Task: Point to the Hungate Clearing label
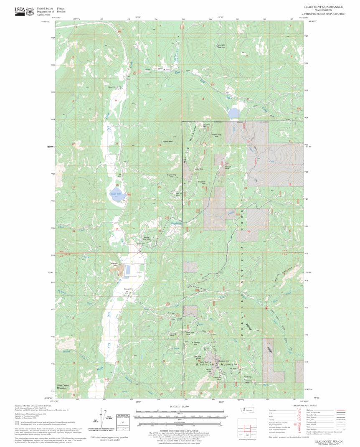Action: tap(220, 46)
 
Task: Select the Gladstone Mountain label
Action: tap(213, 364)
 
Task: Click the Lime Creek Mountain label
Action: tap(62, 387)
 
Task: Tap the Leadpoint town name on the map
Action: tap(128, 289)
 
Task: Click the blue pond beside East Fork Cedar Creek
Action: tap(233, 113)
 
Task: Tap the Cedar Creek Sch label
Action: tap(114, 87)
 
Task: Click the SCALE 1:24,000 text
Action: tap(180, 406)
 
